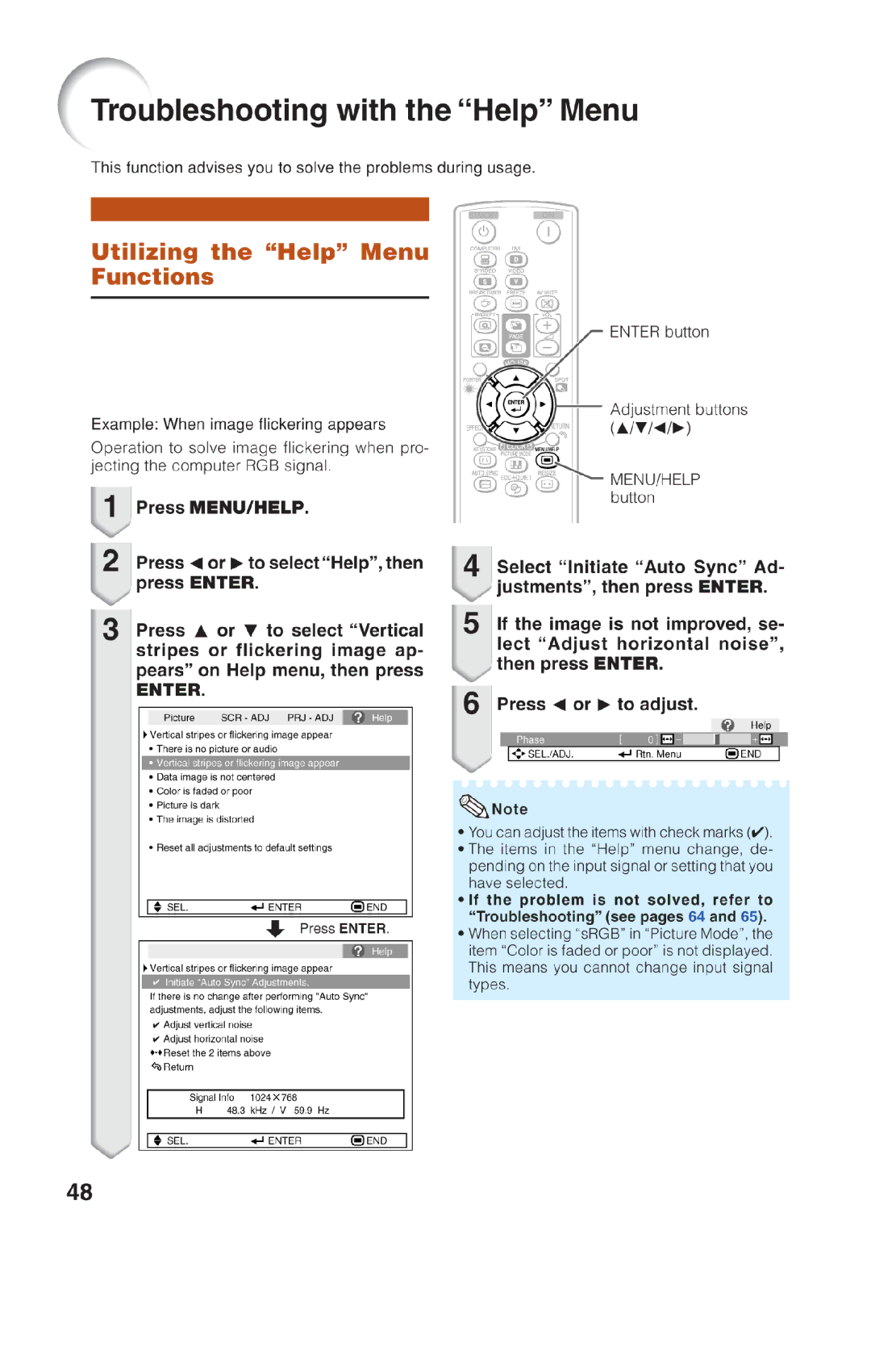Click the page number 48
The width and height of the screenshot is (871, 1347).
pos(79,1192)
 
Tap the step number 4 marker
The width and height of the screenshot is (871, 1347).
pos(471,566)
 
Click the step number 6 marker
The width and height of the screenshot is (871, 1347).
pos(471,704)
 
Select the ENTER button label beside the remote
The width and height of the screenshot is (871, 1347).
pos(659,332)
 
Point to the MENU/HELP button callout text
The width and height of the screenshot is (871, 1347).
pos(654,488)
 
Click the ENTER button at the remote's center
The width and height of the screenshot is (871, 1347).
pos(516,404)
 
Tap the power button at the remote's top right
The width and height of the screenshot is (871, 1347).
pos(548,232)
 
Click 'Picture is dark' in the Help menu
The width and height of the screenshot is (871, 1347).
pos(187,805)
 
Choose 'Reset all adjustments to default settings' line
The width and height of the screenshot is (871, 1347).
pos(244,847)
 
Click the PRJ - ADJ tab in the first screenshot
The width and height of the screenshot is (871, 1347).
pos(310,717)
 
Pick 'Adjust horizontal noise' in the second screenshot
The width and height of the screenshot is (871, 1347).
pos(213,1039)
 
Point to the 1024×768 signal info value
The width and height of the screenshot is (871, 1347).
pos(273,1098)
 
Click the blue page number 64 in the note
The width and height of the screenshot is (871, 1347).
pos(696,917)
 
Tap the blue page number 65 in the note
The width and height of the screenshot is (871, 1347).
pos(748,917)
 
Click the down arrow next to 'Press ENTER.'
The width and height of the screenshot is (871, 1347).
pos(276,929)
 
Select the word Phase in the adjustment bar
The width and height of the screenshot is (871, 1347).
pos(530,739)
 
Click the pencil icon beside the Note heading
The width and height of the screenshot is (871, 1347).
pos(472,806)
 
